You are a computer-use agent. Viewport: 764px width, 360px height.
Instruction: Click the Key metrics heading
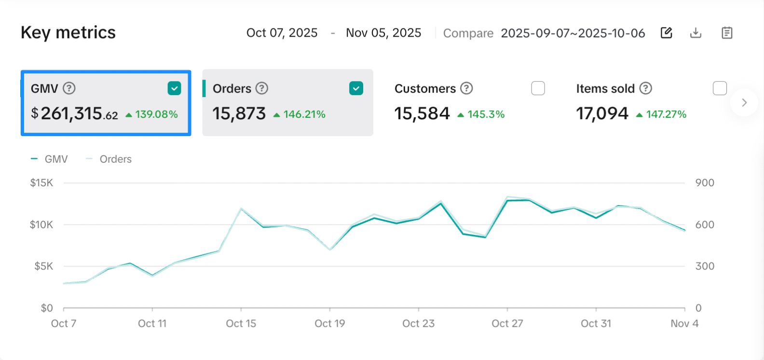(x=68, y=33)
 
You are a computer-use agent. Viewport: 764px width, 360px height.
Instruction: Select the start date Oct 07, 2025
(x=282, y=33)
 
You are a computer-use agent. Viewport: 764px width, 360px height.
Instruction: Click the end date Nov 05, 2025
(x=383, y=33)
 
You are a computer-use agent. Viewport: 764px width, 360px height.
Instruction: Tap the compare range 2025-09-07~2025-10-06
(x=573, y=33)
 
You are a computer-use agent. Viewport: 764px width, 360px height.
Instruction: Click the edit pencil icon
(x=666, y=33)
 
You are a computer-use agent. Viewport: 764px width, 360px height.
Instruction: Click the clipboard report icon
(x=727, y=33)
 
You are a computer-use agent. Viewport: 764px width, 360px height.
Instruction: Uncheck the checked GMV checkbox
(x=174, y=88)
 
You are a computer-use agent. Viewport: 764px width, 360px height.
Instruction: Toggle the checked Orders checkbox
(x=356, y=88)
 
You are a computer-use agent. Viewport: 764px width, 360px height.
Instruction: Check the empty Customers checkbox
(x=538, y=88)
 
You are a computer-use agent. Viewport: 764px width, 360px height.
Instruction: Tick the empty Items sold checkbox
(x=720, y=88)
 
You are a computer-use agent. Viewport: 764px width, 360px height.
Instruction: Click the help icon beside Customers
(x=466, y=88)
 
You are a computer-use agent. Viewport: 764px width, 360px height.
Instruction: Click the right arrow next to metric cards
(x=744, y=102)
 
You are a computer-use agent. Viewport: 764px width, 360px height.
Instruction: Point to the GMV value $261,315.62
(x=75, y=114)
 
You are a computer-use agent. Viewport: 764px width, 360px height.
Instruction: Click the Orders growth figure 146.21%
(x=304, y=114)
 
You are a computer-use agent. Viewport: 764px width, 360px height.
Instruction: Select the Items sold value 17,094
(x=602, y=114)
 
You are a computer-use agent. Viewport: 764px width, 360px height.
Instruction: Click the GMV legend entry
(x=50, y=159)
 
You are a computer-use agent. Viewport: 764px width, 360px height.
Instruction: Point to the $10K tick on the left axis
(x=41, y=224)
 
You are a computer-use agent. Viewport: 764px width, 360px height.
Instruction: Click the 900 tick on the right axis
(x=705, y=183)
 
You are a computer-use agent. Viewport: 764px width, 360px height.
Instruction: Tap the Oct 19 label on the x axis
(x=330, y=323)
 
